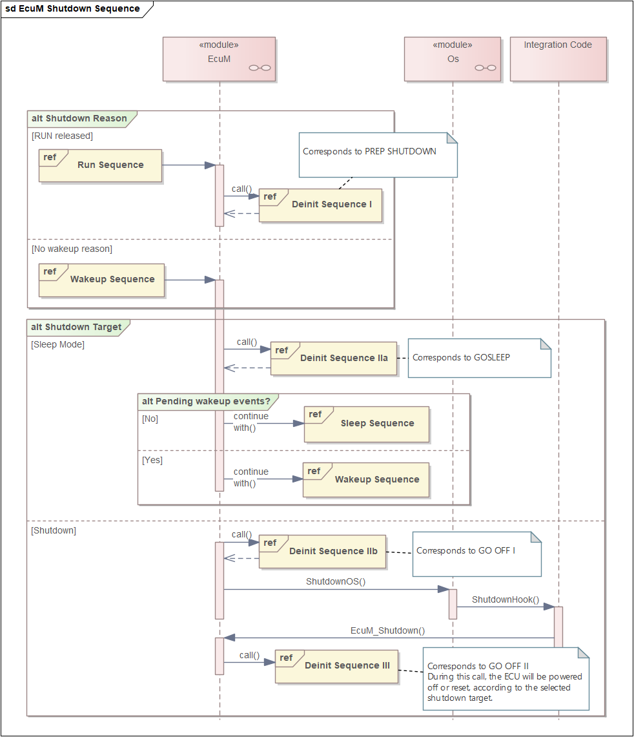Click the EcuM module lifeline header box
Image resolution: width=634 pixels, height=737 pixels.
click(x=219, y=59)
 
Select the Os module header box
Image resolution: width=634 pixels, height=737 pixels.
click(x=453, y=59)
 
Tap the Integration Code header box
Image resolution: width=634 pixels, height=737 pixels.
click(x=558, y=59)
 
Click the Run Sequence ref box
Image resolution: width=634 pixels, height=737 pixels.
click(x=100, y=165)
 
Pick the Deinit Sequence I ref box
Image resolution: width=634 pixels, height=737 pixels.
click(x=320, y=205)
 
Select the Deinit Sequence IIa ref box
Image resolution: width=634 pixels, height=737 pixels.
click(x=334, y=358)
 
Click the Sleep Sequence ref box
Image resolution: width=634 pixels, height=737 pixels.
click(x=367, y=424)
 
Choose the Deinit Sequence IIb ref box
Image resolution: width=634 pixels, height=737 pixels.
click(x=322, y=552)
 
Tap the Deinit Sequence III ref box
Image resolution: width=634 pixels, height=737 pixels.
click(x=336, y=666)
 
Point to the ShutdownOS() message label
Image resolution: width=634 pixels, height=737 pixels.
click(x=336, y=581)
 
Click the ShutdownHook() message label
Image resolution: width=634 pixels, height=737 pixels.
click(x=506, y=599)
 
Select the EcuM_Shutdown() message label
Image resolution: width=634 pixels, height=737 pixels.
click(x=388, y=630)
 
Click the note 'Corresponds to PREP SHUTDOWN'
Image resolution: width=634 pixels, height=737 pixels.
click(x=378, y=154)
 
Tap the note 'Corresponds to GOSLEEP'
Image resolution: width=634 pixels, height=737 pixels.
click(x=480, y=358)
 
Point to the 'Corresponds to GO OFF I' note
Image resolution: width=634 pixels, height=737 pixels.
click(x=476, y=554)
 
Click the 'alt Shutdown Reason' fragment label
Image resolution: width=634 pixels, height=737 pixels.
click(x=79, y=118)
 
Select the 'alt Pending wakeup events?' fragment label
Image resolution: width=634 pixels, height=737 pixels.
click(x=206, y=401)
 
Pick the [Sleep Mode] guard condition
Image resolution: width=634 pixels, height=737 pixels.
click(x=58, y=344)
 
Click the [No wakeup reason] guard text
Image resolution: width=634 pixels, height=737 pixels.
click(x=72, y=249)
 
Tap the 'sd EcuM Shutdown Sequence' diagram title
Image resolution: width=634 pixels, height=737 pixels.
click(x=72, y=8)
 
